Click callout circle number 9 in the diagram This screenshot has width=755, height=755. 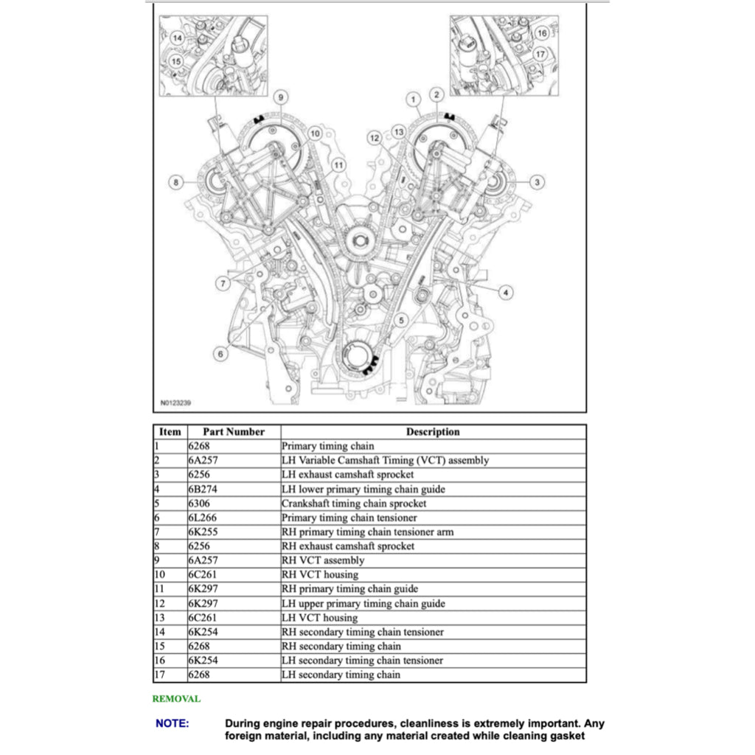(279, 97)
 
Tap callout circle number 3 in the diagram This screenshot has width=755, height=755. (537, 181)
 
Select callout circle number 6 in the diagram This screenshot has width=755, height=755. (220, 355)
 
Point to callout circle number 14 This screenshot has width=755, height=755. (177, 37)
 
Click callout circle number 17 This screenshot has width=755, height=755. (540, 54)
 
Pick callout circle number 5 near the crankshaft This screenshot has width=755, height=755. (401, 320)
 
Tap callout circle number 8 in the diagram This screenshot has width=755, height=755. (176, 181)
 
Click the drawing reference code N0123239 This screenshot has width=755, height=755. (175, 403)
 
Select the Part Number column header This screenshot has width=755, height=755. (233, 432)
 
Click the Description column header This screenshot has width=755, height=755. (433, 432)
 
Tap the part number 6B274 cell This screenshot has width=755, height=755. (203, 489)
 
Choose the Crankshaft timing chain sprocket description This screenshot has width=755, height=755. (353, 504)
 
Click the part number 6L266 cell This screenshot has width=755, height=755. (203, 518)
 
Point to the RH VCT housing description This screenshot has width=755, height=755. (319, 575)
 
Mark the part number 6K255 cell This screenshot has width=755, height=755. (203, 532)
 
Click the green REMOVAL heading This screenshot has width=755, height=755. (176, 698)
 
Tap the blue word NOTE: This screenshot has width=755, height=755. (172, 723)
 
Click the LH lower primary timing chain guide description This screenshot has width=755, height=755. (363, 489)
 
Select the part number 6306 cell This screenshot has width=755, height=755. (200, 504)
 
